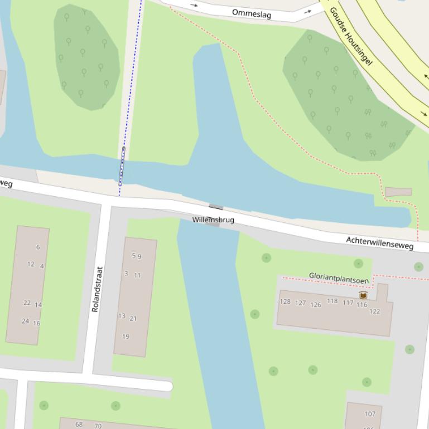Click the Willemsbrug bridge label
213,220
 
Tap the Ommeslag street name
252,13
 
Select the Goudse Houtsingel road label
350,36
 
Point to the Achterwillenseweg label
380,242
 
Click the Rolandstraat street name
97,289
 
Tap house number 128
285,302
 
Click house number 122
374,311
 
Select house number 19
126,337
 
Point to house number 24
25,321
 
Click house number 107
370,414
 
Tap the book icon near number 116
363,295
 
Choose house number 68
79,425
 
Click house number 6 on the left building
38,247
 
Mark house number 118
332,301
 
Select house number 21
133,319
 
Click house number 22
27,303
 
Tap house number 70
98,426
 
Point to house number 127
301,303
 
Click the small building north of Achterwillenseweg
398,192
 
